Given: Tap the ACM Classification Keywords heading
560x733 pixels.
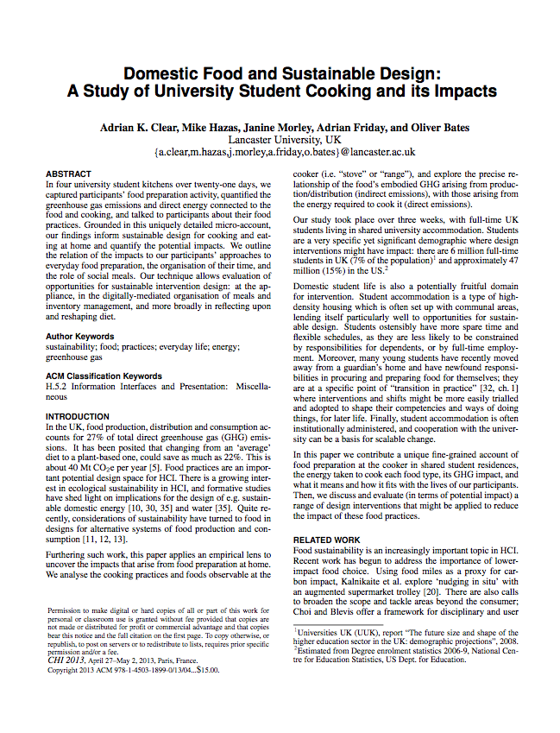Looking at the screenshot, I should click(104, 376).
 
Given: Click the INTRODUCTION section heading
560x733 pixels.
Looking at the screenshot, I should click(78, 416).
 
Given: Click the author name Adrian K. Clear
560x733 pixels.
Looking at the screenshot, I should click(138, 128).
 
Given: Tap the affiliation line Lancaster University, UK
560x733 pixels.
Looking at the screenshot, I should click(284, 140).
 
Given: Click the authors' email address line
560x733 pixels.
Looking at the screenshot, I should click(284, 152).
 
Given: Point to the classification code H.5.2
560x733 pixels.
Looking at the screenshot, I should click(58, 388).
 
